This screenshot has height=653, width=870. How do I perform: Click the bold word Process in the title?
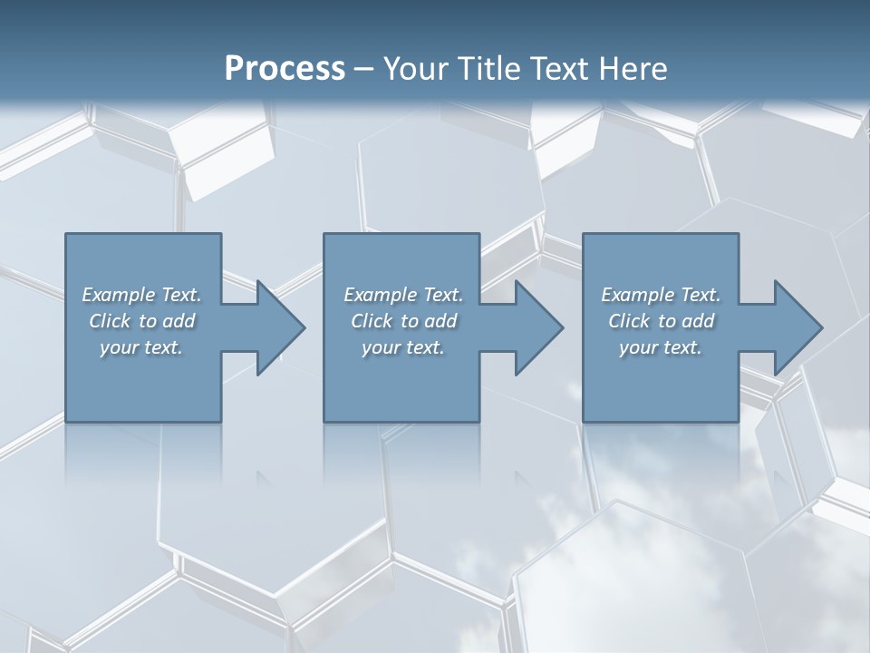point(285,69)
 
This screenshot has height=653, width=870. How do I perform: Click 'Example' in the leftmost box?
point(119,295)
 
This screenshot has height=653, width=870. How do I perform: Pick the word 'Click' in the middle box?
point(371,321)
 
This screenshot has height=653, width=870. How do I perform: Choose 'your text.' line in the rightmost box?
point(661,347)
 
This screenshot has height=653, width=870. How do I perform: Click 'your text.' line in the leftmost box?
point(141,347)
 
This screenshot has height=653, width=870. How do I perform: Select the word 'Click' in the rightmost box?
point(628,321)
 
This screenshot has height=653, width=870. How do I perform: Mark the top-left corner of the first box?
point(66,234)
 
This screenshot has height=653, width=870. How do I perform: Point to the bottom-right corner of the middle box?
point(478,421)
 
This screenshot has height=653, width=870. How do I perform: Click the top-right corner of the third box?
point(738,234)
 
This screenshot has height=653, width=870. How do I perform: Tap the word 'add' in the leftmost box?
point(181,321)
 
